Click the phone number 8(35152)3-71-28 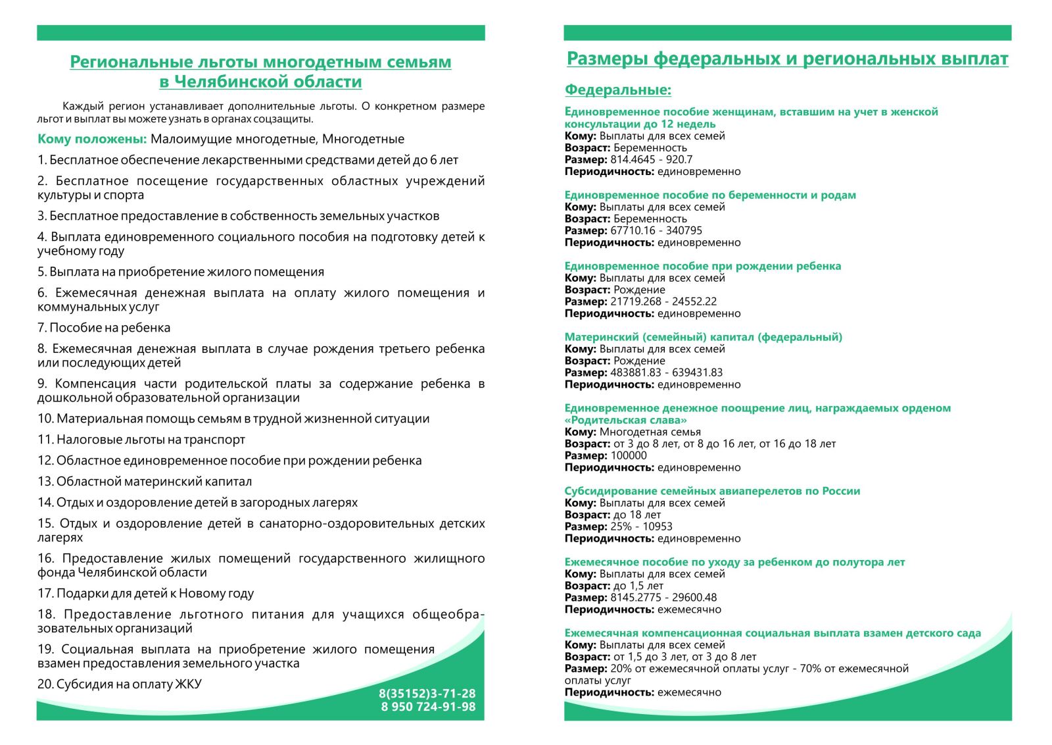[427, 693]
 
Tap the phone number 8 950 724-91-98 [428, 707]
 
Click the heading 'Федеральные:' [618, 90]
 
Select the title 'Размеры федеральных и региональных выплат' [787, 59]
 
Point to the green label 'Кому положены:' [92, 139]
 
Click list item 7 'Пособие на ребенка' [104, 328]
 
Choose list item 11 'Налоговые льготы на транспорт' [141, 440]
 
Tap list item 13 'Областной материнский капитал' [145, 482]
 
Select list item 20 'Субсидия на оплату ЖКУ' [120, 684]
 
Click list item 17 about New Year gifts [146, 594]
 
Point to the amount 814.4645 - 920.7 [651, 159]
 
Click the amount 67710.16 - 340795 [656, 230]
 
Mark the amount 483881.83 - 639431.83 [666, 372]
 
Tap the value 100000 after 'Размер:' [629, 455]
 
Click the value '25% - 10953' [641, 527]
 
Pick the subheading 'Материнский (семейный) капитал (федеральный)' [703, 337]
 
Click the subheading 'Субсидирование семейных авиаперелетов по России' [712, 491]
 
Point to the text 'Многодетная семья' [650, 432]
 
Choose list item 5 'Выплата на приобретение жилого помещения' [181, 272]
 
